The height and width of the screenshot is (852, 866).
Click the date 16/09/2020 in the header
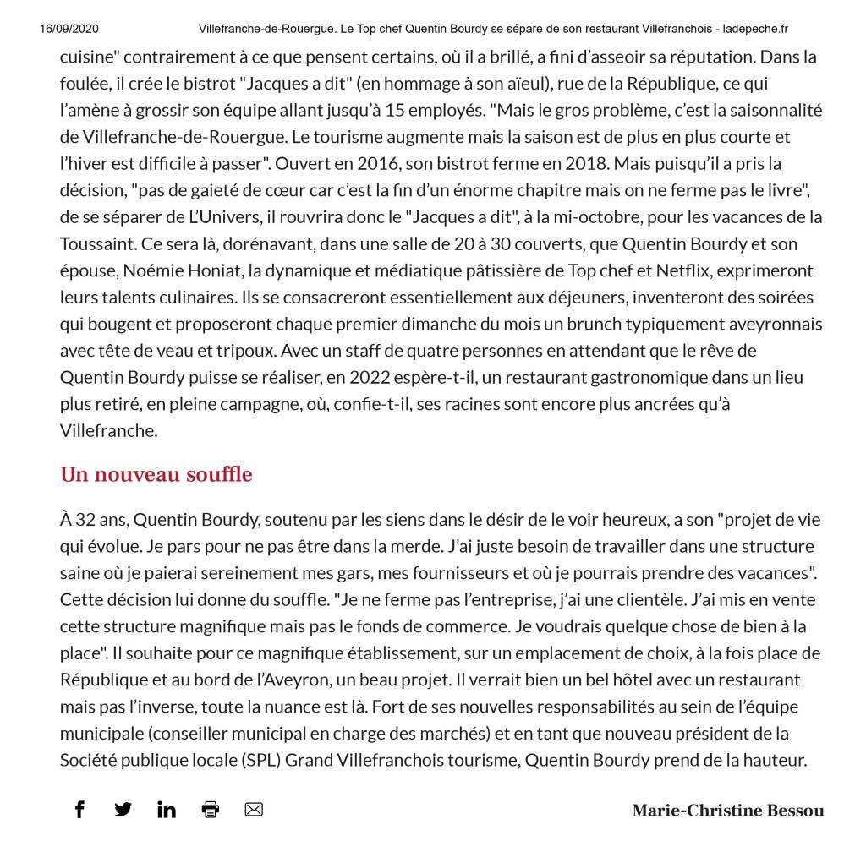click(x=69, y=29)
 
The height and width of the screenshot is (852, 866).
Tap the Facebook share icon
click(x=79, y=809)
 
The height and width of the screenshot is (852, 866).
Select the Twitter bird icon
click(x=123, y=809)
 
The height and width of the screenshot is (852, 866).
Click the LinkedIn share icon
click(x=167, y=809)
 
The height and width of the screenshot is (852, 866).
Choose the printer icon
click(x=211, y=809)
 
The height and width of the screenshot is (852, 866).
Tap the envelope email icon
click(x=254, y=809)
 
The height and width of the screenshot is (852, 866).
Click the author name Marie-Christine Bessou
click(x=727, y=811)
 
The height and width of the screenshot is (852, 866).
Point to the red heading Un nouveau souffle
click(x=156, y=474)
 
